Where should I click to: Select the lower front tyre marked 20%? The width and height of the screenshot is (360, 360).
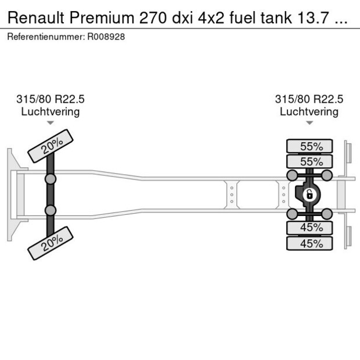pos(51,243)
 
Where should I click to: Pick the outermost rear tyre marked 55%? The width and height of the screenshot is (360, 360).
pos(309,146)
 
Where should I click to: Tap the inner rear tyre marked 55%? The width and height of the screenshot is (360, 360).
pos(309,161)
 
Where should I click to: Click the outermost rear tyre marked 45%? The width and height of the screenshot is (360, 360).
pos(309,243)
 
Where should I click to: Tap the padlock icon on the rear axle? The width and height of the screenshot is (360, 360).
pos(309,195)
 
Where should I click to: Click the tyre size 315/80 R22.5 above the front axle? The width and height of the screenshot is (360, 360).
pos(51,99)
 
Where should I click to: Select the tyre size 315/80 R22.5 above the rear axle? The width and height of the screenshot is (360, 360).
pos(309,99)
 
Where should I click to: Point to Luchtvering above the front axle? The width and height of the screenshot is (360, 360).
pos(51,111)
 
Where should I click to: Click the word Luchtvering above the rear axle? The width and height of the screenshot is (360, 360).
pos(309,111)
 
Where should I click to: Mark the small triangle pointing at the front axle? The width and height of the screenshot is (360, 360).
pos(51,123)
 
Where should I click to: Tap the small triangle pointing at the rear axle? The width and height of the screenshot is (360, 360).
pos(309,123)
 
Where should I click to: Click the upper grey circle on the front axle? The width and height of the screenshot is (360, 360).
pos(51,179)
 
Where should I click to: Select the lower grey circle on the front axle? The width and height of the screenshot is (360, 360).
pos(51,210)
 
